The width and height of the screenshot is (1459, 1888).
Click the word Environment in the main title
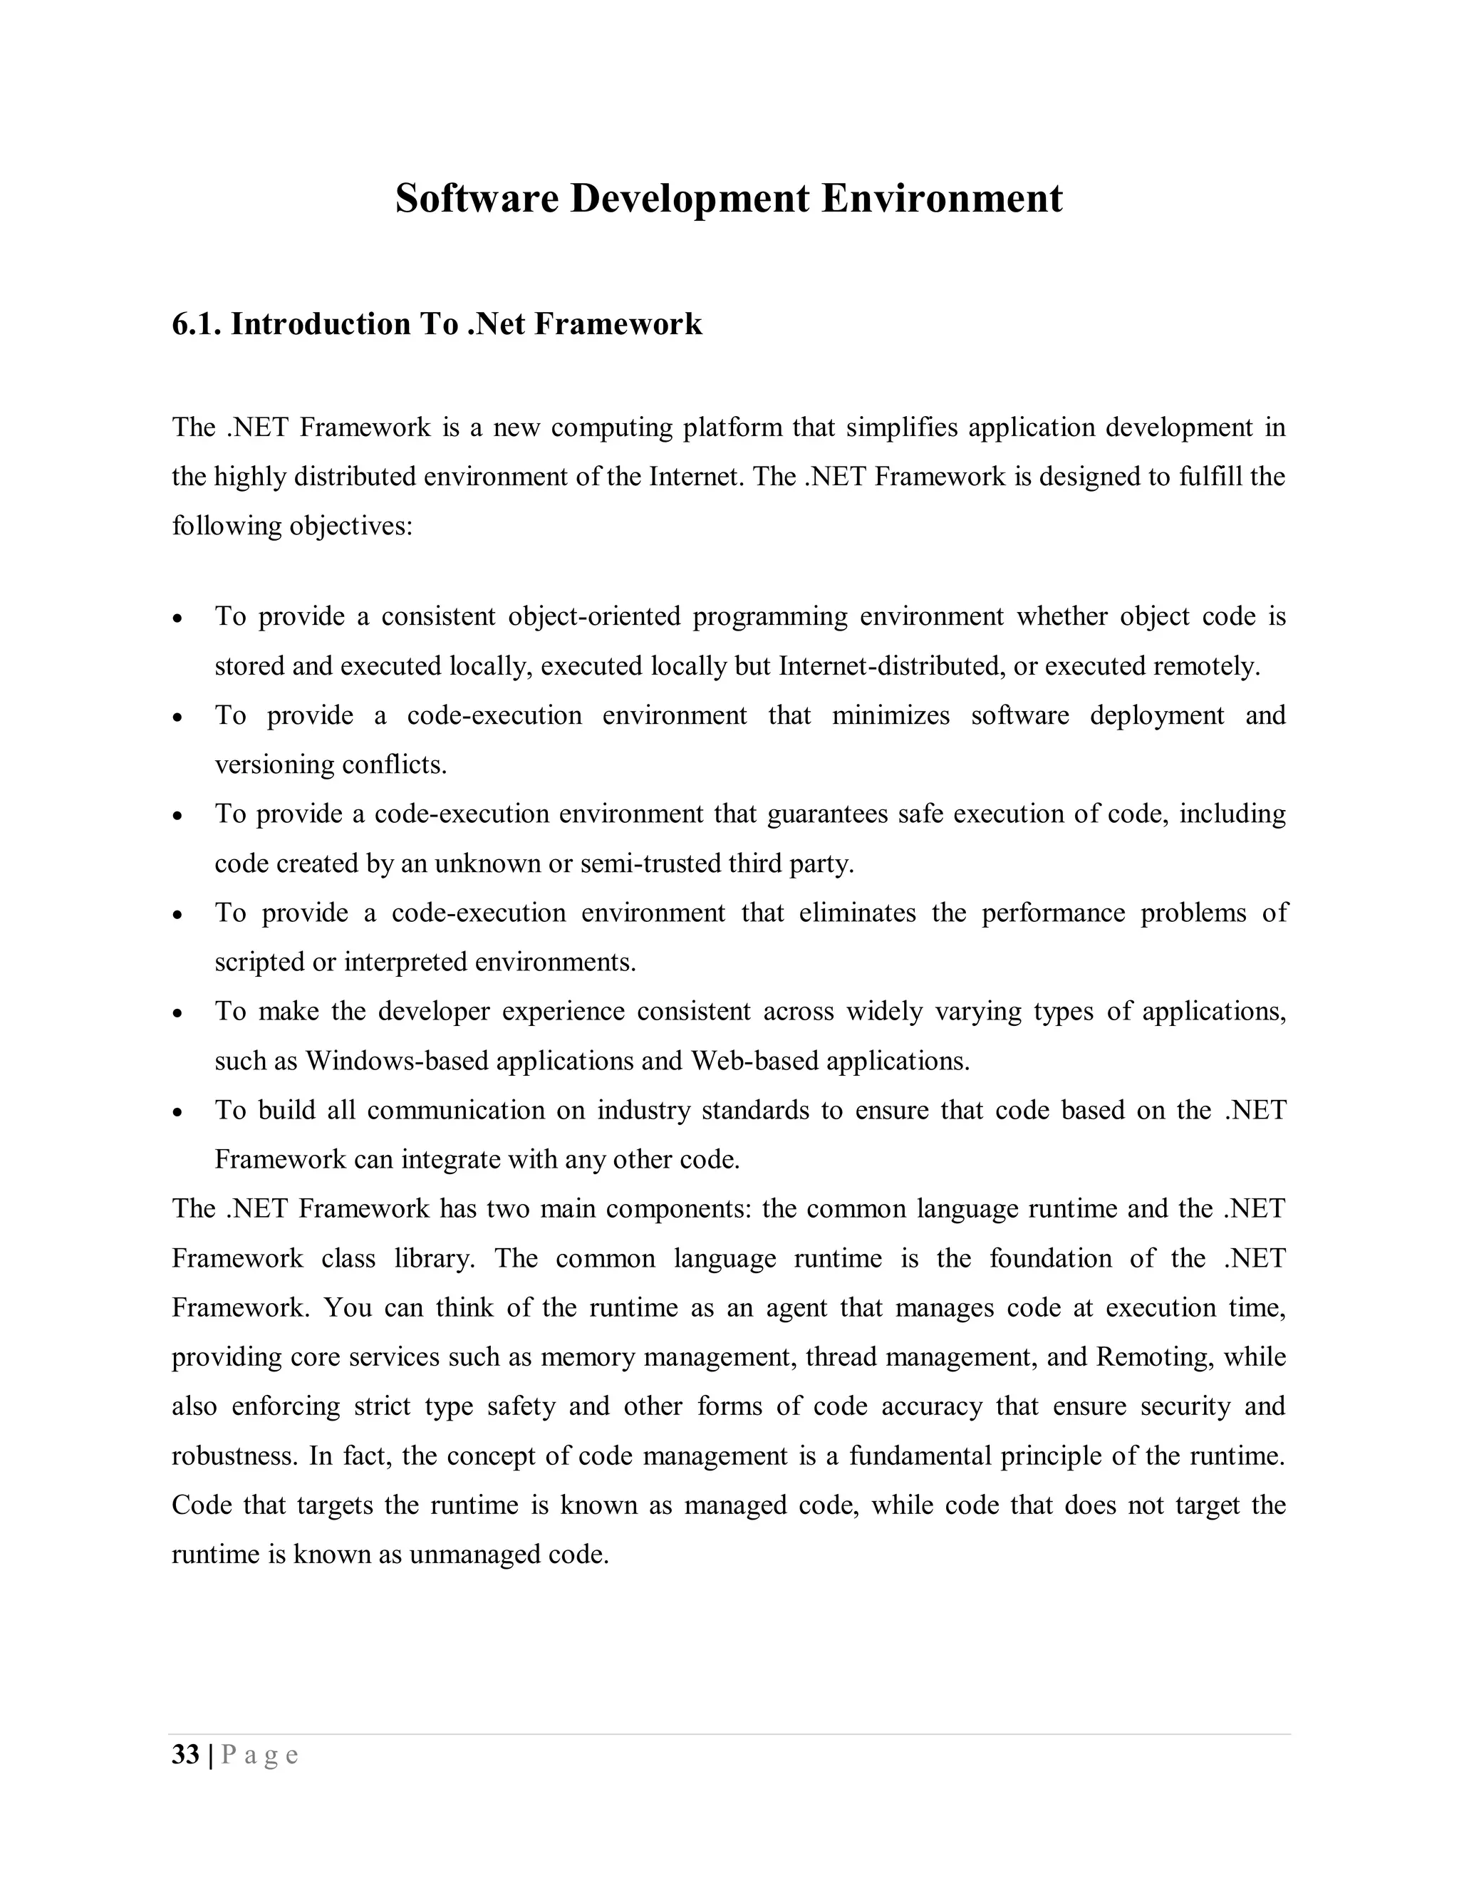(941, 199)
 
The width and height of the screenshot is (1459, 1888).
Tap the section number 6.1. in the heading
(197, 324)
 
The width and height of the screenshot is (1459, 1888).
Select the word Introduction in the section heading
(320, 324)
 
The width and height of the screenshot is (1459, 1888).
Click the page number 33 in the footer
(186, 1755)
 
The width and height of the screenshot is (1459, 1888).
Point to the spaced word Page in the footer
(260, 1755)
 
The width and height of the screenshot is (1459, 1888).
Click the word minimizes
(891, 716)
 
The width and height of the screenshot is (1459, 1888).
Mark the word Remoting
(1152, 1357)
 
